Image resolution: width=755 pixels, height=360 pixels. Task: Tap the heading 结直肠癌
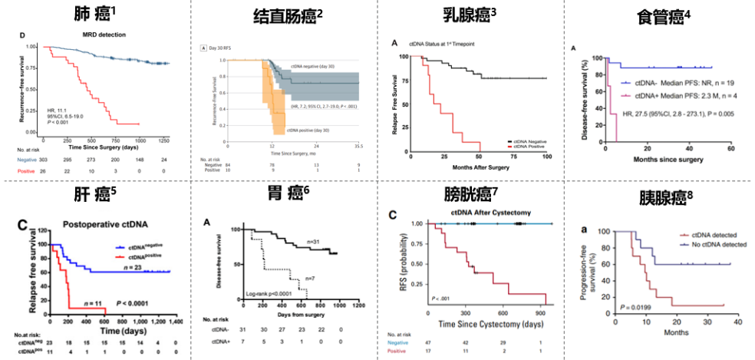click(282, 15)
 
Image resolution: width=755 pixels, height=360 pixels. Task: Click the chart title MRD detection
click(104, 35)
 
